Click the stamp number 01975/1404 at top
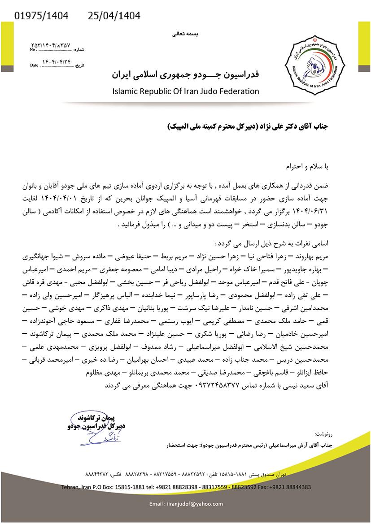[x=42, y=17]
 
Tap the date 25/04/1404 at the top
[x=114, y=17]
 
